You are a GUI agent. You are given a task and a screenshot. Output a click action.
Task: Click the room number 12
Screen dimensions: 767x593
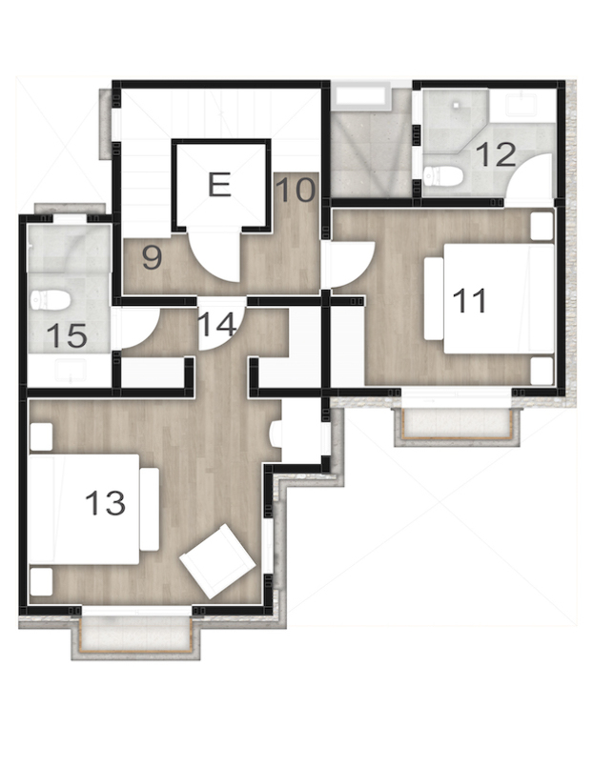click(496, 153)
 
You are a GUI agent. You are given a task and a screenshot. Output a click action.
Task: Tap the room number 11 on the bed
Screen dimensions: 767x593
click(469, 300)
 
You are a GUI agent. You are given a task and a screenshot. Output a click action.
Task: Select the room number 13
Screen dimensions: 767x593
click(105, 502)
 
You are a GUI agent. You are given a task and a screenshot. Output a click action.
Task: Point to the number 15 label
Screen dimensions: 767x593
click(67, 336)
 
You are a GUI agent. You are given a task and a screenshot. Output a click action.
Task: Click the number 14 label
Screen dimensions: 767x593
click(217, 325)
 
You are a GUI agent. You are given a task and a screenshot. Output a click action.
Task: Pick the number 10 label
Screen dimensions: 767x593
click(296, 190)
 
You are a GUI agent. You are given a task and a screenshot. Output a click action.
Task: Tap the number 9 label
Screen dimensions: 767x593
click(151, 255)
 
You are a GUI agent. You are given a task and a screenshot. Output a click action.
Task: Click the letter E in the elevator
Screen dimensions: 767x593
click(219, 184)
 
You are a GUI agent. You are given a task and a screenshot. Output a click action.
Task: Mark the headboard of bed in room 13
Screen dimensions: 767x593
click(149, 508)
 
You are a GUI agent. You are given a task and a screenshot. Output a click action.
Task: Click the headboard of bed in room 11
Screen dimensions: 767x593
click(434, 297)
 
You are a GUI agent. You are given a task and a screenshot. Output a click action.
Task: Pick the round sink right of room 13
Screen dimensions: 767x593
click(276, 434)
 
